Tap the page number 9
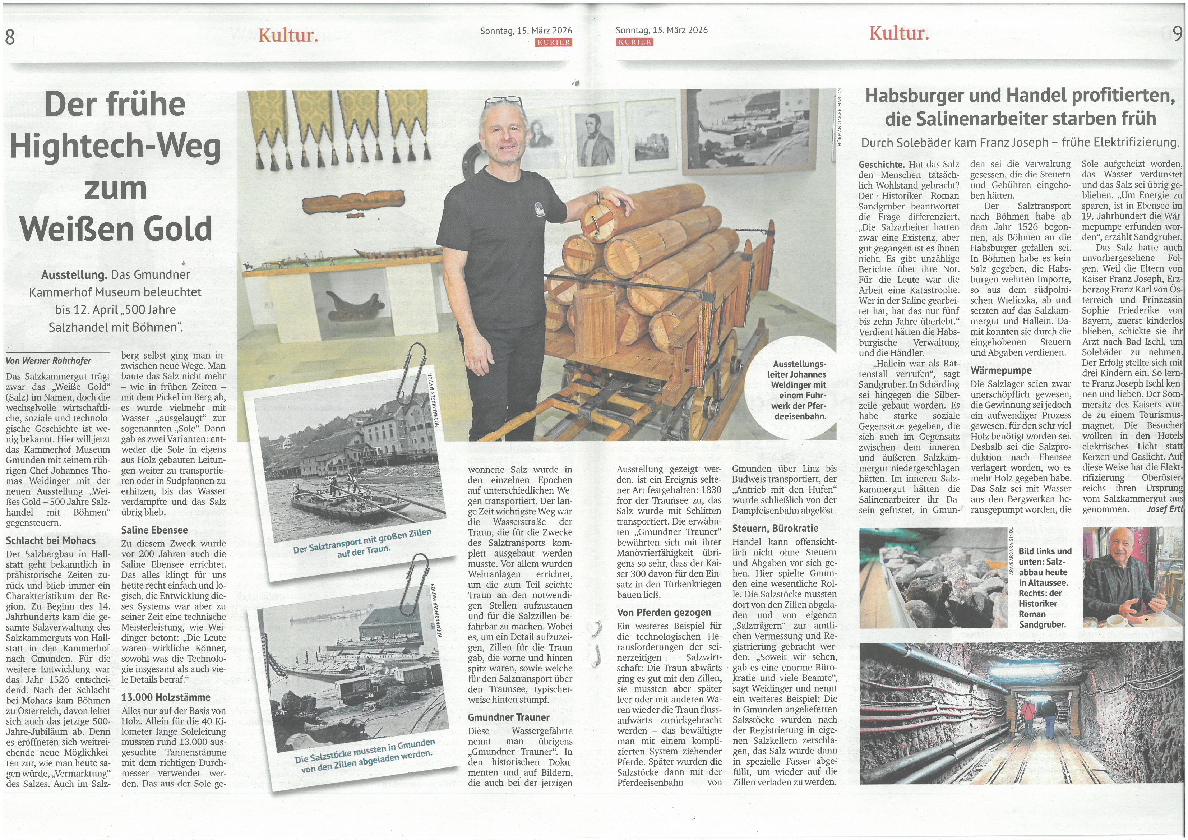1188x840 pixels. pyautogui.click(x=1178, y=34)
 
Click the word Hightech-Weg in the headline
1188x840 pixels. pyautogui.click(x=115, y=147)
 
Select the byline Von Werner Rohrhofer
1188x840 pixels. pyautogui.click(x=48, y=361)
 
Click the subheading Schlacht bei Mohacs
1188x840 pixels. pyautogui.click(x=51, y=540)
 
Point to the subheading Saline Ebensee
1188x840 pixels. pyautogui.click(x=154, y=530)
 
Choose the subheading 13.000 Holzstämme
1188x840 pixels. pyautogui.click(x=166, y=697)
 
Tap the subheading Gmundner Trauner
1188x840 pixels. pyautogui.click(x=509, y=717)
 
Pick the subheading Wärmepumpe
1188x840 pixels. pyautogui.click(x=1001, y=370)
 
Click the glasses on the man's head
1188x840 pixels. pyautogui.click(x=503, y=102)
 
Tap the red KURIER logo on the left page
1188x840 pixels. pyautogui.click(x=554, y=42)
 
